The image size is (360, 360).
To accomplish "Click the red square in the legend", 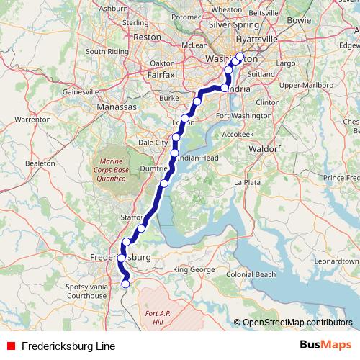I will [11, 346].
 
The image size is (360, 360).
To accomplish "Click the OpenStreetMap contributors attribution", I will [297, 323].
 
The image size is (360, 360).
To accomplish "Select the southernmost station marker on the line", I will [126, 284].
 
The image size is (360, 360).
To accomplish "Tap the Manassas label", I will [117, 107].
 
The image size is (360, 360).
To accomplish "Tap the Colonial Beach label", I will [251, 274].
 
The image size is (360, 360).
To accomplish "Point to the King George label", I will [194, 269].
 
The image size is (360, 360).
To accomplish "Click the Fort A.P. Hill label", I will [159, 318].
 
